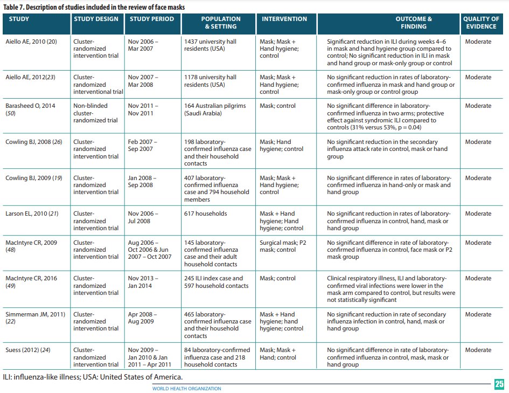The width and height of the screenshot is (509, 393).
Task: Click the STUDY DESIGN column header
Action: point(96,19)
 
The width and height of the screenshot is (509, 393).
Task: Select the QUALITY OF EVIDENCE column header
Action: point(483,22)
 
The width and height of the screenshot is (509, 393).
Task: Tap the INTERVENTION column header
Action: point(284,19)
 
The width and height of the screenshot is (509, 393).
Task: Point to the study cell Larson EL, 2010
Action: point(30,213)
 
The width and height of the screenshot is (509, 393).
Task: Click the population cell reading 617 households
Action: point(206,213)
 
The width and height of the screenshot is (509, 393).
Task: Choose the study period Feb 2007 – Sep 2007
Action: point(142,146)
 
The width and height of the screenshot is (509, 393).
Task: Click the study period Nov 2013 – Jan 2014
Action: point(143,282)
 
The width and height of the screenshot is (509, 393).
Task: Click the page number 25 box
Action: point(499,384)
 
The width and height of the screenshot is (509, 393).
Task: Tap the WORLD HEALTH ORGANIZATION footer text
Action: point(186,389)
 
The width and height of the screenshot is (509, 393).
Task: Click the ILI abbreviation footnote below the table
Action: point(93,376)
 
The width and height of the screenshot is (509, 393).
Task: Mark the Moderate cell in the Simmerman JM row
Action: point(478,314)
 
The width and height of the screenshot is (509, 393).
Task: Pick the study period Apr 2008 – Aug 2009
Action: point(142,318)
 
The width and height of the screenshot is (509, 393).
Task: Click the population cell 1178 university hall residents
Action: point(210,81)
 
